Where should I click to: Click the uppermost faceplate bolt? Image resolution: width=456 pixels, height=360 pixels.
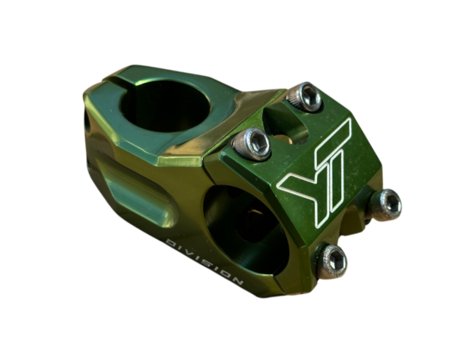coord(307,96)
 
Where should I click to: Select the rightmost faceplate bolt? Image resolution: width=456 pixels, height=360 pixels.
coord(386,203)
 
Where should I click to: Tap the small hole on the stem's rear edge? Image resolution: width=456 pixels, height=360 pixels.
coord(90,121)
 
